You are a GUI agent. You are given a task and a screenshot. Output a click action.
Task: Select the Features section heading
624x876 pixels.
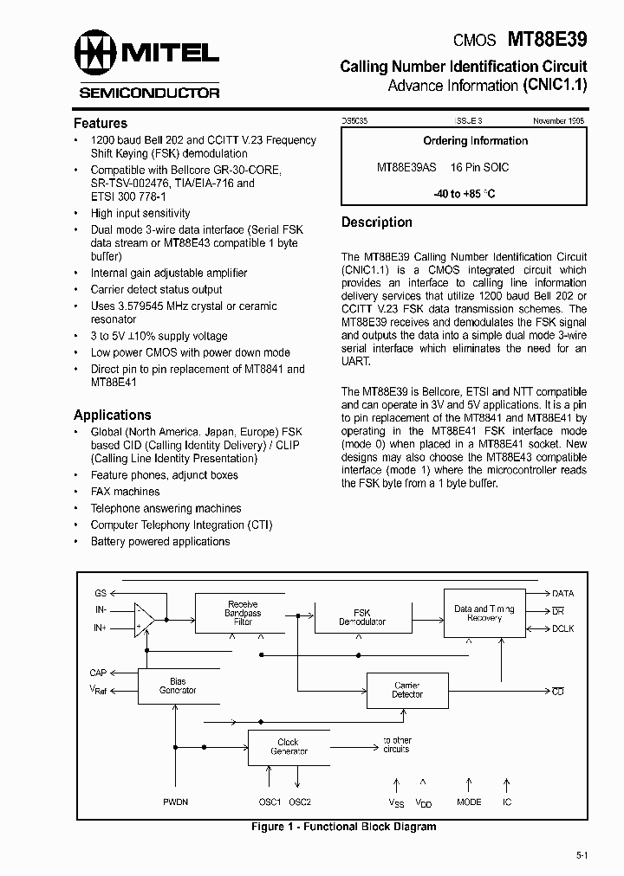tap(100, 123)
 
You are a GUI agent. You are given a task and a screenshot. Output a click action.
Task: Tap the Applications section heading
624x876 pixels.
tap(112, 415)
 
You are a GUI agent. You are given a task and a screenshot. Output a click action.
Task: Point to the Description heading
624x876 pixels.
tap(376, 222)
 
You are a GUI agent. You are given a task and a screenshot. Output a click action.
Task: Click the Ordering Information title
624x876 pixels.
tap(475, 141)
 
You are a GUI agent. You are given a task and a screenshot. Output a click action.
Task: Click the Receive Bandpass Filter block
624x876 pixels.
tap(243, 613)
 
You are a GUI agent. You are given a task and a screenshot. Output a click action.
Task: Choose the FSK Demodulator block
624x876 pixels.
tap(361, 617)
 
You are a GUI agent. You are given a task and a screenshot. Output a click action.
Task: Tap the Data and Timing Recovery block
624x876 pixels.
tap(484, 614)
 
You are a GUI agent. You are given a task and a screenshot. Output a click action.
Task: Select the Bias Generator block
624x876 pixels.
tap(178, 686)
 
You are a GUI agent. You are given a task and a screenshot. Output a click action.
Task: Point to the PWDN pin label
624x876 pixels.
tap(175, 802)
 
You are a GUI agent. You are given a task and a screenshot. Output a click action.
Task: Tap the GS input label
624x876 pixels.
tap(101, 594)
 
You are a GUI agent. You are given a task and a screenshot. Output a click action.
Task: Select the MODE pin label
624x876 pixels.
tap(469, 802)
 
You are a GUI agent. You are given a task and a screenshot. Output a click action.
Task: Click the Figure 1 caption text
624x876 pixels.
tap(343, 827)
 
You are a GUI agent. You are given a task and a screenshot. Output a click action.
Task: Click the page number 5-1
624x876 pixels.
tap(582, 856)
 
